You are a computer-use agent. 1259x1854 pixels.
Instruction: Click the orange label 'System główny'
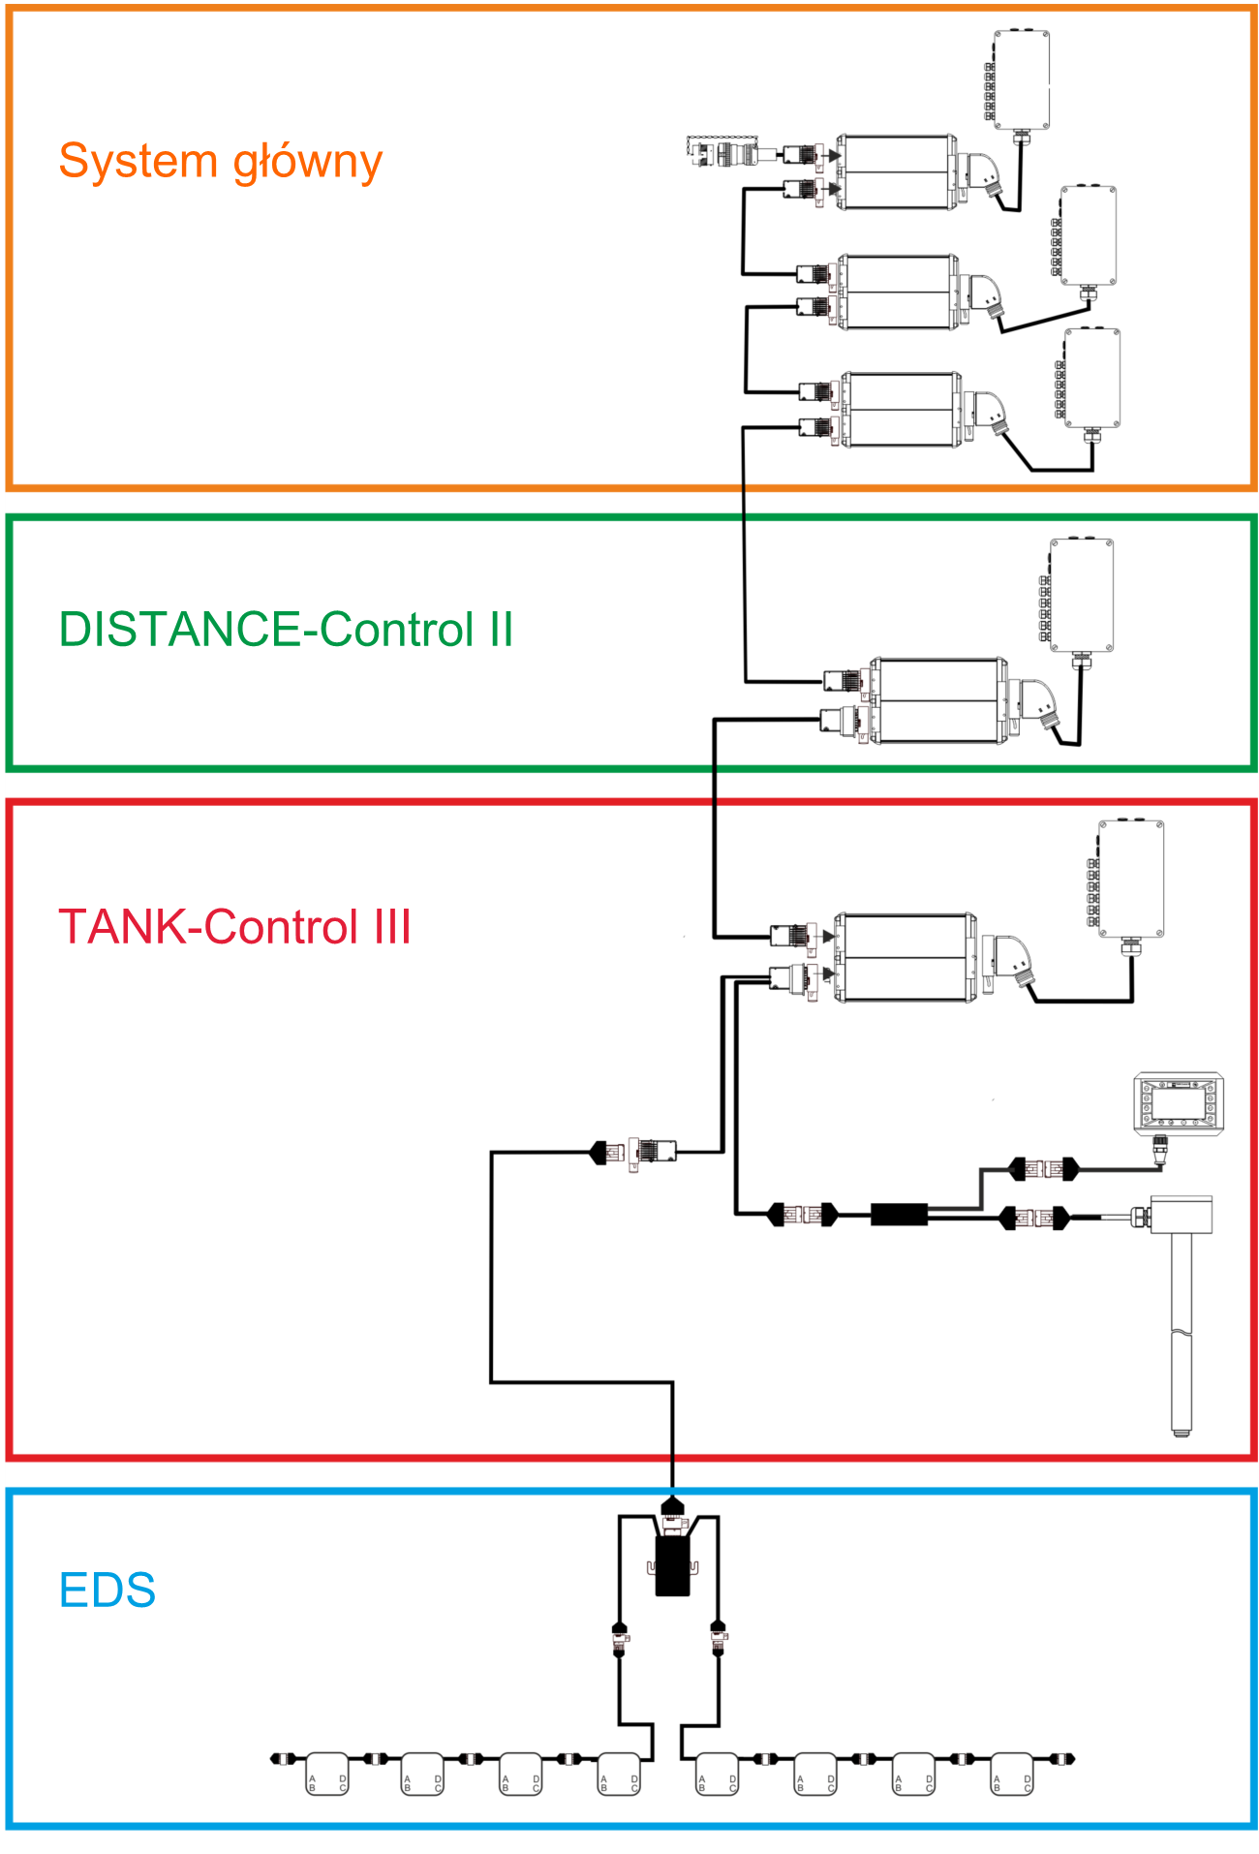point(221,162)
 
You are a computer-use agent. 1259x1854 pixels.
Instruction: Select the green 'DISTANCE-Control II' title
point(286,630)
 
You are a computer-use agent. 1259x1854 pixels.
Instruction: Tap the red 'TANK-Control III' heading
point(235,927)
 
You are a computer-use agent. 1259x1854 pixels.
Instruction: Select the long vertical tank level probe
point(1181,1317)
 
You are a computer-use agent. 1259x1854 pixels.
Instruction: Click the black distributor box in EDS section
point(672,1565)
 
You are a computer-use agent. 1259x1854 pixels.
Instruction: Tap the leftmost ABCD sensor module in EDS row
point(327,1774)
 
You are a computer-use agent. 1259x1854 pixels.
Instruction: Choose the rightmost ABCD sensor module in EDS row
point(1012,1774)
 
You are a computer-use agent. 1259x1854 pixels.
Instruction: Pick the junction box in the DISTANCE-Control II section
point(1082,595)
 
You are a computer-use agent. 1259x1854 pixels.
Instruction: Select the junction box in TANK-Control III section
point(1131,879)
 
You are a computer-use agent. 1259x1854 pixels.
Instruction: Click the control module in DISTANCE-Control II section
point(937,700)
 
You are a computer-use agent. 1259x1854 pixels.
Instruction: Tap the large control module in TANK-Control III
point(906,957)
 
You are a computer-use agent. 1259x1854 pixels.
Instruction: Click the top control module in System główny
point(896,172)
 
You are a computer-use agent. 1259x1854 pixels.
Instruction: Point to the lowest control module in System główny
point(901,410)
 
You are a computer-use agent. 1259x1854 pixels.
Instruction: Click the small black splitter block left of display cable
point(899,1215)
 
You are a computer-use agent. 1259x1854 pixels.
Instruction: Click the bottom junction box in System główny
point(1092,378)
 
